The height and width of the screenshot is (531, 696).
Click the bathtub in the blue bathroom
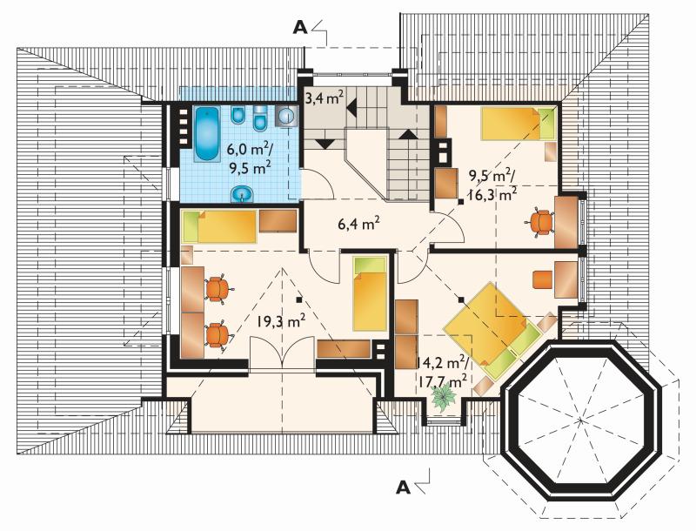click(x=207, y=134)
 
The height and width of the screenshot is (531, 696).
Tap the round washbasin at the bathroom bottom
click(x=242, y=193)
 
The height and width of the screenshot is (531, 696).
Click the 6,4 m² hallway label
click(x=358, y=225)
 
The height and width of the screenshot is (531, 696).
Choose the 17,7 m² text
click(x=442, y=381)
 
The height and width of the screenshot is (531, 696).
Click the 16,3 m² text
click(x=492, y=194)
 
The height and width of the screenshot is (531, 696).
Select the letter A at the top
click(x=299, y=28)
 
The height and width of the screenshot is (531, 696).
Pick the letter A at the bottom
click(x=403, y=487)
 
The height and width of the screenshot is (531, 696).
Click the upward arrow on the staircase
click(x=408, y=135)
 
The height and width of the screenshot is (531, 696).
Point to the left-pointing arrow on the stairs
click(x=352, y=108)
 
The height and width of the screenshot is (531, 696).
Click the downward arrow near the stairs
click(x=326, y=144)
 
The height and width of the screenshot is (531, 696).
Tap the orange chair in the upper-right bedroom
click(x=539, y=220)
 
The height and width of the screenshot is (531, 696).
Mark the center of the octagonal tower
click(x=581, y=420)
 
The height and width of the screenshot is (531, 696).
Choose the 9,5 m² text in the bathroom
click(x=250, y=168)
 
